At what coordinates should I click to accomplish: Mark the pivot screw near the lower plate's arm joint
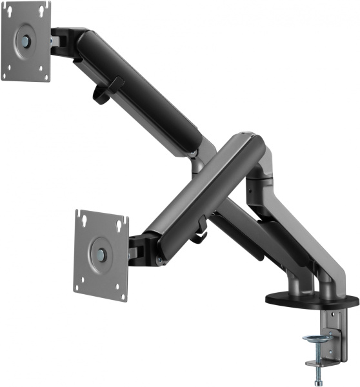[159, 260]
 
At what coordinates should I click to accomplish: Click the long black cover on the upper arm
[142, 87]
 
